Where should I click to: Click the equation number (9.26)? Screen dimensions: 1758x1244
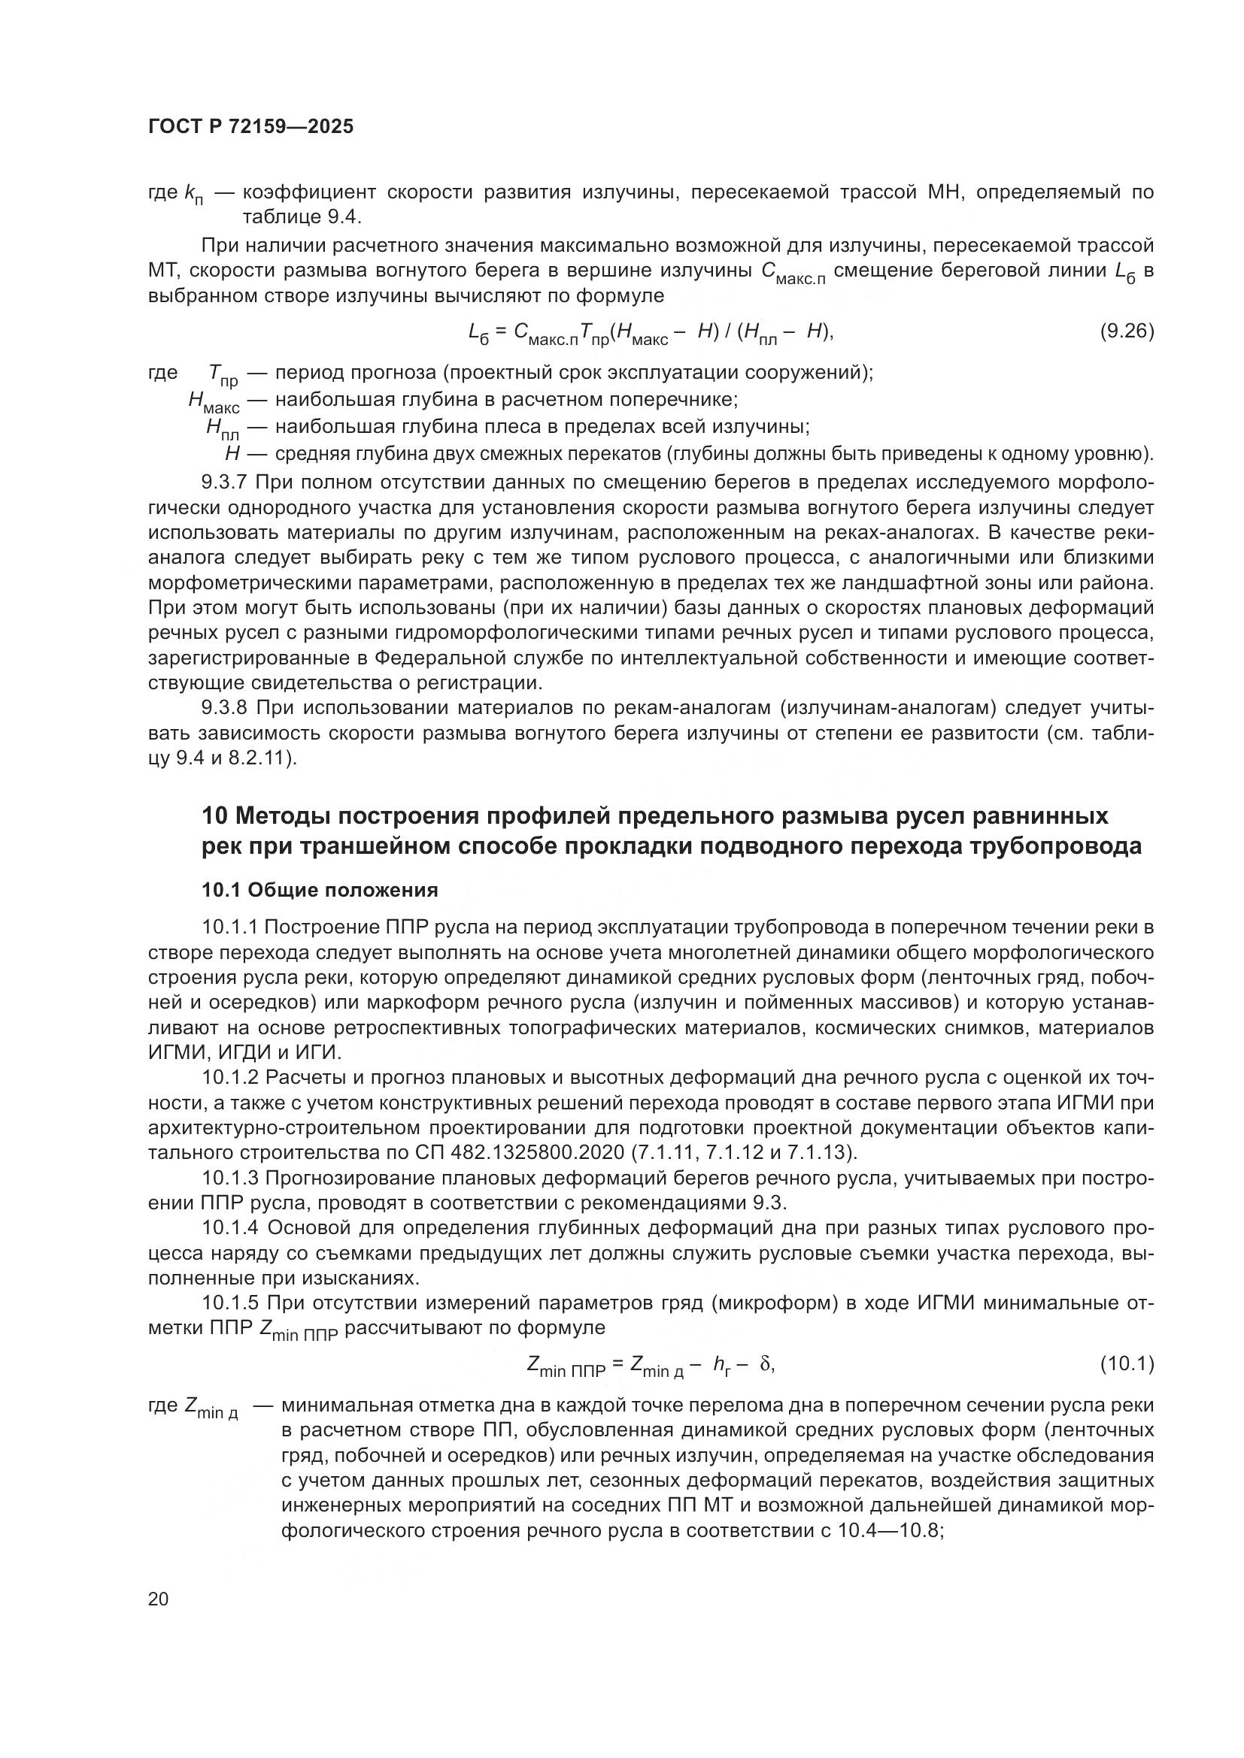[1126, 331]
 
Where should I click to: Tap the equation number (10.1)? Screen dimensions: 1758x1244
[1126, 1363]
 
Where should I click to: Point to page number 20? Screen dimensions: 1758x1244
[158, 1599]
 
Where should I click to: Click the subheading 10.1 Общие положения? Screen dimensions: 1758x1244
[320, 890]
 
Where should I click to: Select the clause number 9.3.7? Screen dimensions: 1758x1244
[224, 483]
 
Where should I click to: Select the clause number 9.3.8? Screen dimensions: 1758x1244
[224, 707]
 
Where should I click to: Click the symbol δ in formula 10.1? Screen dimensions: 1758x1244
[763, 1363]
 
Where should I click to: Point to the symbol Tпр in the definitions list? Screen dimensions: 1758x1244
[223, 375]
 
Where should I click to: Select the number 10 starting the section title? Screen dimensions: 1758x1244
[214, 816]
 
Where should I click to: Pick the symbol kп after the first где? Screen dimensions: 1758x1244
[194, 194]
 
